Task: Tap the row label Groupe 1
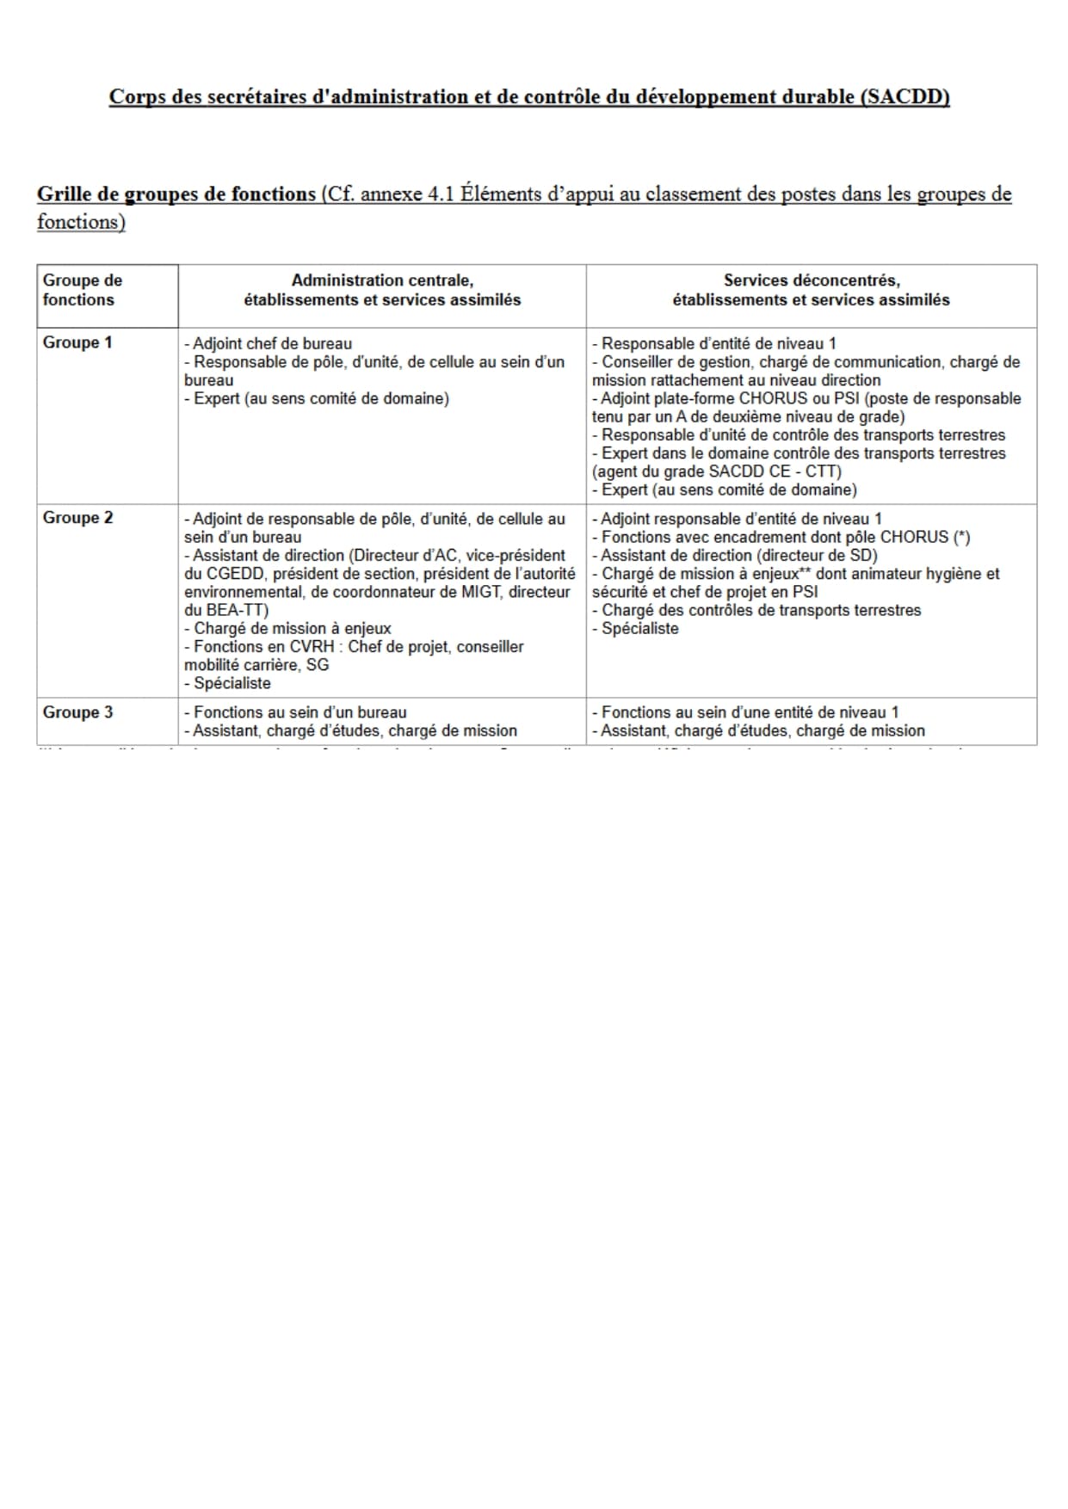coord(77,342)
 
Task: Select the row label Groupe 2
coord(77,518)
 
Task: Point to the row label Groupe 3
coord(77,712)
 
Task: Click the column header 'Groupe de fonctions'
coord(82,290)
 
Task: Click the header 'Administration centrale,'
coord(382,280)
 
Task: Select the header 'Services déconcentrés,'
coord(811,280)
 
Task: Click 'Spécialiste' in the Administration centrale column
coord(232,683)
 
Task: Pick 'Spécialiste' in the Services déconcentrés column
coord(639,629)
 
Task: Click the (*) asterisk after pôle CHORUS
coord(961,537)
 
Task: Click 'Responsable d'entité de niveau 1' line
coord(718,343)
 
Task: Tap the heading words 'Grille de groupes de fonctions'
coord(176,194)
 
